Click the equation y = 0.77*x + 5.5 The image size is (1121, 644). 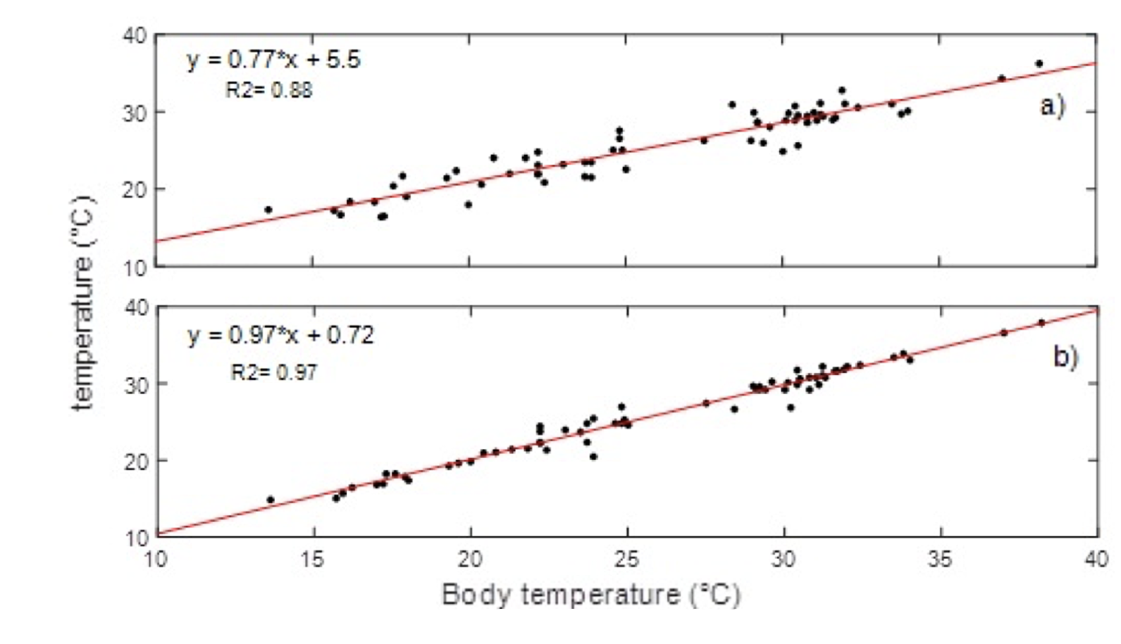[273, 60]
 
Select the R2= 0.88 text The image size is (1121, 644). [268, 90]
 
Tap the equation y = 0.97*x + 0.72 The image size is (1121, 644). [280, 335]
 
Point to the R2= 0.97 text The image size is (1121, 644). [274, 372]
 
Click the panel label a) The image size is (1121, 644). [1052, 105]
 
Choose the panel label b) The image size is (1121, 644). [1065, 357]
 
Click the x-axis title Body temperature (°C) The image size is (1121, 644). [590, 595]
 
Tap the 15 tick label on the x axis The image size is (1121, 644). [313, 559]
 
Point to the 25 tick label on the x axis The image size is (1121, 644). [627, 559]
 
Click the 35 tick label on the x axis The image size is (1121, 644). [940, 559]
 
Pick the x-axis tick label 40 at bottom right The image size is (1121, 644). [1096, 559]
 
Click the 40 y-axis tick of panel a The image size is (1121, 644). [135, 35]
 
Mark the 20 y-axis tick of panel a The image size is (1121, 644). [135, 189]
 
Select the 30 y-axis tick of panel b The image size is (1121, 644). [135, 384]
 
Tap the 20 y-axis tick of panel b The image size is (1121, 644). [135, 461]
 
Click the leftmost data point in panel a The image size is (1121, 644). [268, 210]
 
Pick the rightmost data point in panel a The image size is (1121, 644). [1039, 63]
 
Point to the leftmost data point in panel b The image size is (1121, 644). [271, 500]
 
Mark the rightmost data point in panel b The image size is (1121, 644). [1041, 323]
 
